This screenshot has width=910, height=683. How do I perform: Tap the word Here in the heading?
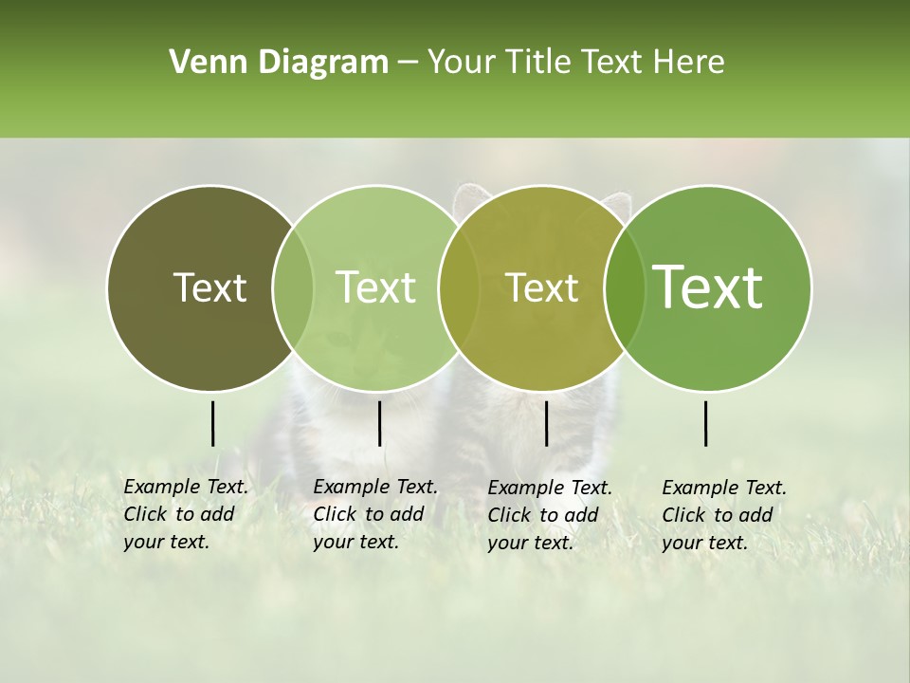pos(690,63)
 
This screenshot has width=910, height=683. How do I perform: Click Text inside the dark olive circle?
pos(209,288)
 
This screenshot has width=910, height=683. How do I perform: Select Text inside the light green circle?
pos(376,287)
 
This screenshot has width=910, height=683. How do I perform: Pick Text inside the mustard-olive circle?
pos(541,288)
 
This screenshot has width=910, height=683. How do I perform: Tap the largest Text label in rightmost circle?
pos(708,287)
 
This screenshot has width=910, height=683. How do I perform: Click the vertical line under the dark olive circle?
pos(212,423)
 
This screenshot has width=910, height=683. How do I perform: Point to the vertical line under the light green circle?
pos(379,423)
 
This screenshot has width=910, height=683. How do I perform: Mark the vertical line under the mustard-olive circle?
pos(547,423)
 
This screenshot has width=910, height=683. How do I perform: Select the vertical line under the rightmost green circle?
pos(706,423)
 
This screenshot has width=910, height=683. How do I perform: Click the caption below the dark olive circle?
pos(185,514)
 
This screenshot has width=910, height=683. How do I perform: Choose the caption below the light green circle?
pos(374,514)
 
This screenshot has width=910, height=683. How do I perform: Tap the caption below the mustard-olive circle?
pos(549,515)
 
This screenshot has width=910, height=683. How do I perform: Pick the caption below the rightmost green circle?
pos(723,515)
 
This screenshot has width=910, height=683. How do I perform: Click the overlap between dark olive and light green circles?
pos(293,288)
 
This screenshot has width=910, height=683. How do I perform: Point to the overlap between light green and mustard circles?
pos(457,288)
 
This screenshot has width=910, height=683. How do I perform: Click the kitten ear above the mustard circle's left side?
pos(468,198)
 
